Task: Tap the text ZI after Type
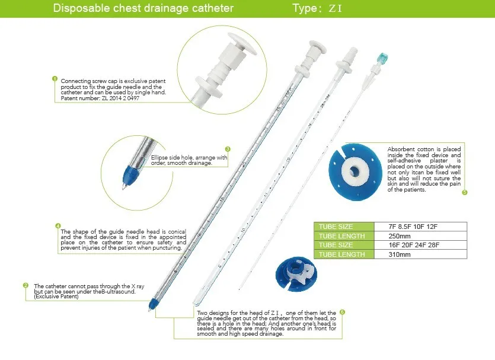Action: [336, 9]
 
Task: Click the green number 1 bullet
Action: [55, 78]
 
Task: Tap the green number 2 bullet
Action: [25, 285]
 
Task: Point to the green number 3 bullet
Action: [228, 149]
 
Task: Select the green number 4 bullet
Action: [58, 225]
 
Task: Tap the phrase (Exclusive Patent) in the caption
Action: [56, 297]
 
